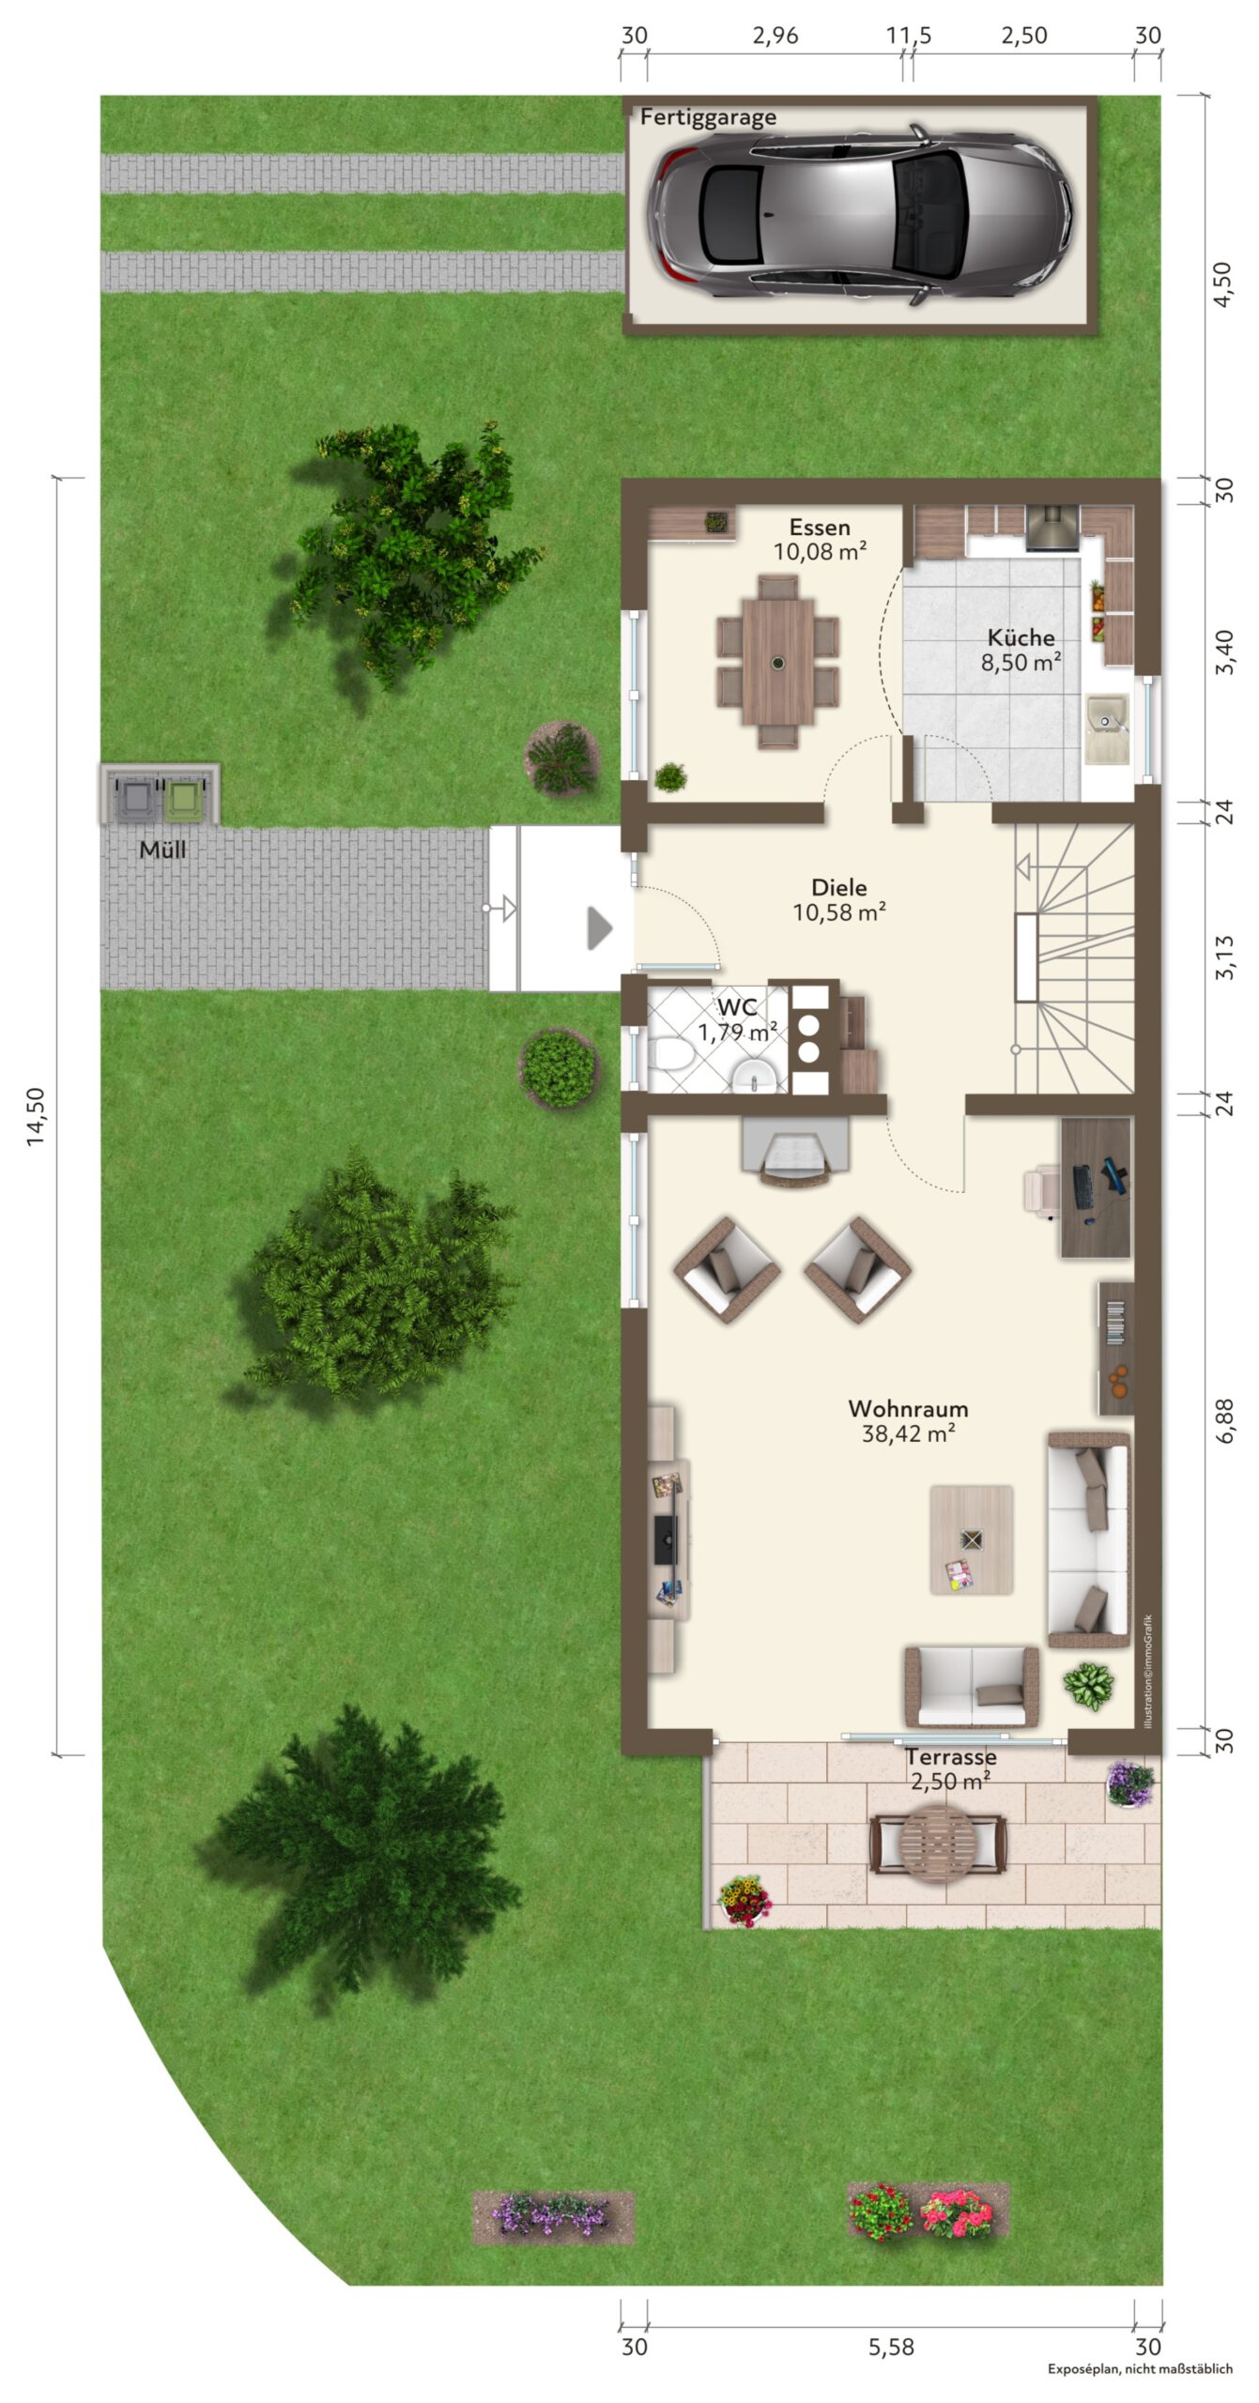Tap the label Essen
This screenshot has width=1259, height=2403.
click(820, 527)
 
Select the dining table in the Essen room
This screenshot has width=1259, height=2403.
click(777, 662)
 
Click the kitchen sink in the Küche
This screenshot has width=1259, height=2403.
click(1108, 728)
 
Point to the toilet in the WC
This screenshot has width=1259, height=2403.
click(672, 1054)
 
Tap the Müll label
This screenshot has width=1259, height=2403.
click(162, 849)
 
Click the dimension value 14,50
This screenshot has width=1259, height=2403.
click(35, 1116)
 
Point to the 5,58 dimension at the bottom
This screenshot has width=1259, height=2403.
click(891, 2348)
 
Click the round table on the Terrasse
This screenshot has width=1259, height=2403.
click(938, 1844)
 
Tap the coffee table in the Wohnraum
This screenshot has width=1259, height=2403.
click(971, 1539)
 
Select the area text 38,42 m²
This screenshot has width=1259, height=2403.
click(909, 1433)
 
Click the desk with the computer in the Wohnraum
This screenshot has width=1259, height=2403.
click(1096, 1186)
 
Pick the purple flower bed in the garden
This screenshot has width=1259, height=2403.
click(553, 2217)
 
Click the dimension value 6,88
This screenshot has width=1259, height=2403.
click(1224, 1420)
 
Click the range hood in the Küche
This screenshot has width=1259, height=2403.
click(1052, 527)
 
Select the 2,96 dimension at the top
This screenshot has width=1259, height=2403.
click(775, 36)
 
